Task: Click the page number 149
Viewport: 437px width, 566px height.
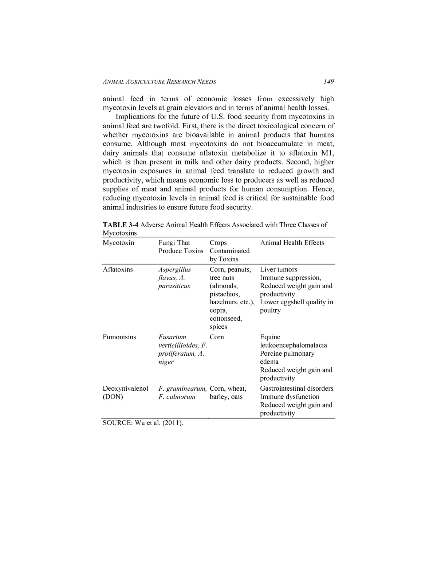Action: click(328, 81)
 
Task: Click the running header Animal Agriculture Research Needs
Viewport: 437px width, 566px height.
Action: click(159, 82)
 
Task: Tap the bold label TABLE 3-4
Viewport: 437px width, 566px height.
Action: click(120, 225)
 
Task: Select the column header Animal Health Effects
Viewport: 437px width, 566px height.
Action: click(292, 243)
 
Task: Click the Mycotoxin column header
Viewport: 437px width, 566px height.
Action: click(118, 243)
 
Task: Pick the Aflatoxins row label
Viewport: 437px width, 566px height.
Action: click(118, 269)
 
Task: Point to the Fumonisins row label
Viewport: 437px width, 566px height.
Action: click(119, 337)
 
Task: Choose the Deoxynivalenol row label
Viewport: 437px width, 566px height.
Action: click(125, 388)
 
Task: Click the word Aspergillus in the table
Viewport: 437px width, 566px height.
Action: click(174, 269)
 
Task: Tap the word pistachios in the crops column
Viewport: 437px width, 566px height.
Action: click(224, 294)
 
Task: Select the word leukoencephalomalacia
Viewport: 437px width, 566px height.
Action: click(293, 345)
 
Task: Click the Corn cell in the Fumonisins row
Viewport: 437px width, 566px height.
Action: click(217, 337)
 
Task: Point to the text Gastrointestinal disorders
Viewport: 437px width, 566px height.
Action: click(296, 388)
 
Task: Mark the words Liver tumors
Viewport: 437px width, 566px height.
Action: click(278, 269)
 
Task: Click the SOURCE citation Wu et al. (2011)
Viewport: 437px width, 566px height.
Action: click(143, 423)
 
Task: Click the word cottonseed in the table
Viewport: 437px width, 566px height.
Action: click(225, 319)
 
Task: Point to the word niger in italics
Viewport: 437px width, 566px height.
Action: click(166, 362)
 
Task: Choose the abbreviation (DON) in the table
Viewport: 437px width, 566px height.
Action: click(113, 397)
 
